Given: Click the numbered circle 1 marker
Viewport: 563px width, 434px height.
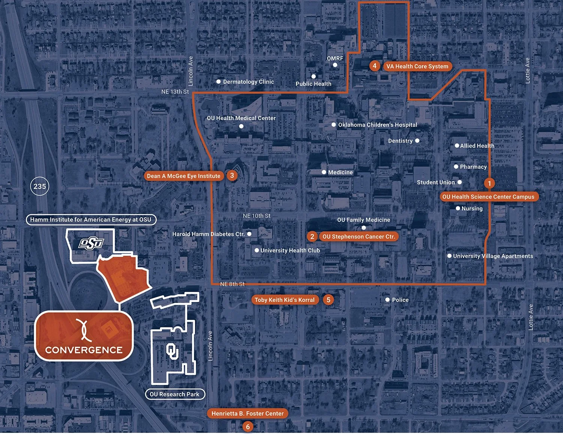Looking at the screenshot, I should pos(489,183).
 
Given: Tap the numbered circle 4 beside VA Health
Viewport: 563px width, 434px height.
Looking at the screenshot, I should pos(374,66).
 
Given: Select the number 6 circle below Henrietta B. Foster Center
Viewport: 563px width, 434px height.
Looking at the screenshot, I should pos(247,427).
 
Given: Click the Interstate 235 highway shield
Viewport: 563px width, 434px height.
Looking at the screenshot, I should pos(39,186).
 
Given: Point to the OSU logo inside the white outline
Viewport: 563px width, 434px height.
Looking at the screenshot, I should pos(90,244).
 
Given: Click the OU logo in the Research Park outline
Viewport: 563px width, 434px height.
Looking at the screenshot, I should pos(172,351).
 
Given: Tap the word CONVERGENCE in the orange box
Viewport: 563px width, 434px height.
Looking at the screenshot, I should pos(84,350).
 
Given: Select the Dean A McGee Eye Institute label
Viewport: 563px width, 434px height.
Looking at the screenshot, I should pos(184,176).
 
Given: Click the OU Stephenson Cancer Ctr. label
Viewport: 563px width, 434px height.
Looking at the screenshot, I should pos(358,237).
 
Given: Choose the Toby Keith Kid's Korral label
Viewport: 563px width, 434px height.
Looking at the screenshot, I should pos(285,300).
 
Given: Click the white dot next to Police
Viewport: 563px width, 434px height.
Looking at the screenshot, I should pos(387,300).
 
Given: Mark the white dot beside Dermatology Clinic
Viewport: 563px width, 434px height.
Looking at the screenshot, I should pos(218,81).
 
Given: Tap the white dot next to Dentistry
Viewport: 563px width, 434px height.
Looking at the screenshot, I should pos(417,141).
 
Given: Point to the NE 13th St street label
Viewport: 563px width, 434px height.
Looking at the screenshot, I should pos(175,92).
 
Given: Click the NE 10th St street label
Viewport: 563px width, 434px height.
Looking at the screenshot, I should pos(256,216).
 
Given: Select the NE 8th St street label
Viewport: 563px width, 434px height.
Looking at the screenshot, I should pos(232,284).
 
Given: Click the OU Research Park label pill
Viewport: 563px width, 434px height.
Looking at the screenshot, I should pos(175,394).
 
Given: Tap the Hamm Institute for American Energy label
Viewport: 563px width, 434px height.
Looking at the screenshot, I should pos(91,220).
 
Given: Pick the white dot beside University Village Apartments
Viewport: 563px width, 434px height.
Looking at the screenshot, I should pos(449,256).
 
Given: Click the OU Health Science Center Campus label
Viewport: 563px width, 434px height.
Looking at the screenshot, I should pos(488,197).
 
